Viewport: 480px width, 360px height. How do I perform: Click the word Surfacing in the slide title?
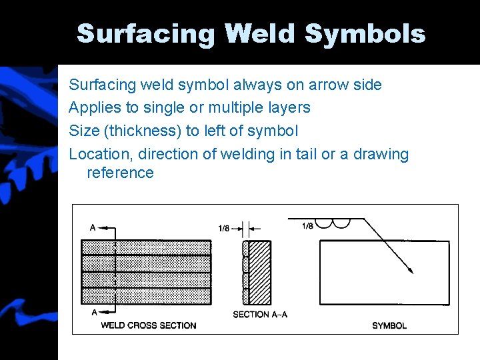[146, 33]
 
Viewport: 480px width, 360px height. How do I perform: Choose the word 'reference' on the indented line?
[120, 173]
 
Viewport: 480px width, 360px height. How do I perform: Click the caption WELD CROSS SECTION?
[148, 325]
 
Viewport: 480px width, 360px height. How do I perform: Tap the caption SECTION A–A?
[260, 314]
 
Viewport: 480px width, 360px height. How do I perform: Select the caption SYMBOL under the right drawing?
[389, 325]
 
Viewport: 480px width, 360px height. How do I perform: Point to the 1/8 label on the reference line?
[307, 225]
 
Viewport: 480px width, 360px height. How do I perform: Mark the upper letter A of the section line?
[93, 228]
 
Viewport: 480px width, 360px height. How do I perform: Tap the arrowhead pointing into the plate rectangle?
[411, 270]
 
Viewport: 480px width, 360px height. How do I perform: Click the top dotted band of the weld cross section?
[146, 247]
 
